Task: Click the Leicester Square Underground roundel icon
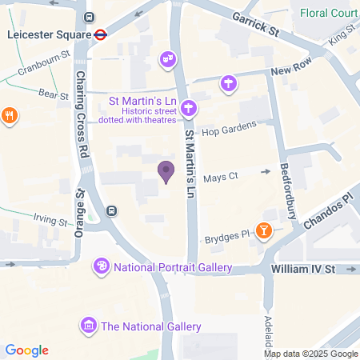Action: [x=101, y=35]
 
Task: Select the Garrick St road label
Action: [x=254, y=22]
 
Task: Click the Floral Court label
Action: [x=329, y=14]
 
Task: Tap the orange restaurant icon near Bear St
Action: [x=10, y=114]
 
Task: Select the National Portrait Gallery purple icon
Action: [x=102, y=266]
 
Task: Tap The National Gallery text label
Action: [x=150, y=326]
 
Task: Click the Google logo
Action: [x=26, y=350]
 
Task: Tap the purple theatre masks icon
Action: [x=167, y=58]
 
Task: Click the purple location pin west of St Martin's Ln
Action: [x=166, y=171]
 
